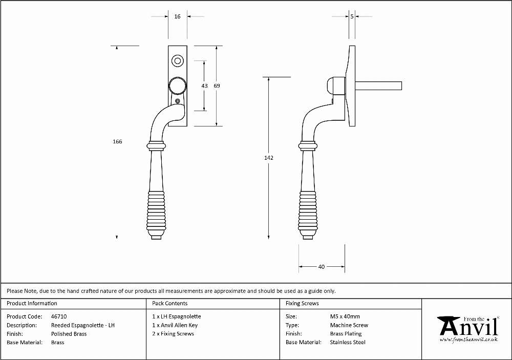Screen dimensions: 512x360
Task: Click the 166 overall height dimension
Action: [117, 141]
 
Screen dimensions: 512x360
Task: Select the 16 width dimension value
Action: [177, 16]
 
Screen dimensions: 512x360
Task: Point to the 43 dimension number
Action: [204, 86]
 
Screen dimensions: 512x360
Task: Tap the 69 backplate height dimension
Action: [217, 86]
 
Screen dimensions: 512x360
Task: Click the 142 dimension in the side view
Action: [269, 158]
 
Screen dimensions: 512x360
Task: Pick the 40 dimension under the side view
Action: [322, 267]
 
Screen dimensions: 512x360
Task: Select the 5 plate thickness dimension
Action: [352, 16]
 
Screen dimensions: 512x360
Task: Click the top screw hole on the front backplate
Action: [178, 61]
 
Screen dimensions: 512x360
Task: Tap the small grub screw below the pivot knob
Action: [178, 101]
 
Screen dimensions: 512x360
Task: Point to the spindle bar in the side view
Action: [378, 86]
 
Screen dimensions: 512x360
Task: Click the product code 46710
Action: [59, 316]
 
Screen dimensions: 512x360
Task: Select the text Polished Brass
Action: [69, 334]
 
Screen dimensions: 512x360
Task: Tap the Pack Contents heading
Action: [170, 303]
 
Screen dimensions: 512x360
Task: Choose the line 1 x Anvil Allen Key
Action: [175, 325]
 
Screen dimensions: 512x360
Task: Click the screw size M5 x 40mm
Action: [345, 316]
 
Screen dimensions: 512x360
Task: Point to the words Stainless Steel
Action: [348, 342]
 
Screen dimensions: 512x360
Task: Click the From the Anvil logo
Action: [468, 329]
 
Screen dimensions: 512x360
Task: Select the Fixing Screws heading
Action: [302, 303]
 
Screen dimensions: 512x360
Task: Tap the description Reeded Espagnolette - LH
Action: [83, 325]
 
